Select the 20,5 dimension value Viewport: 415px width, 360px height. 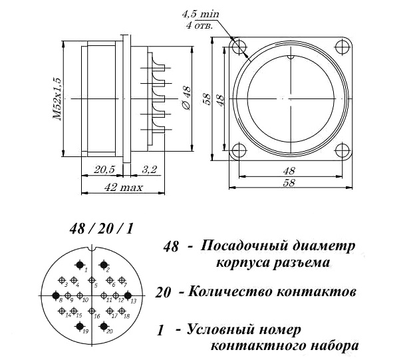pyautogui.click(x=104, y=170)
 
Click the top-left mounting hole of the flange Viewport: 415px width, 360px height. pyautogui.click(x=237, y=47)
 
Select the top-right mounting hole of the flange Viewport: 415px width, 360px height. pyautogui.click(x=342, y=47)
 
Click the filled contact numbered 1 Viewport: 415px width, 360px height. pyautogui.click(x=80, y=265)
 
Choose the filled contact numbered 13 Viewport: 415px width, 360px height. pyautogui.click(x=129, y=294)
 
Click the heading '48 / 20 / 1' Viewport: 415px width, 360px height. pyautogui.click(x=101, y=229)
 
